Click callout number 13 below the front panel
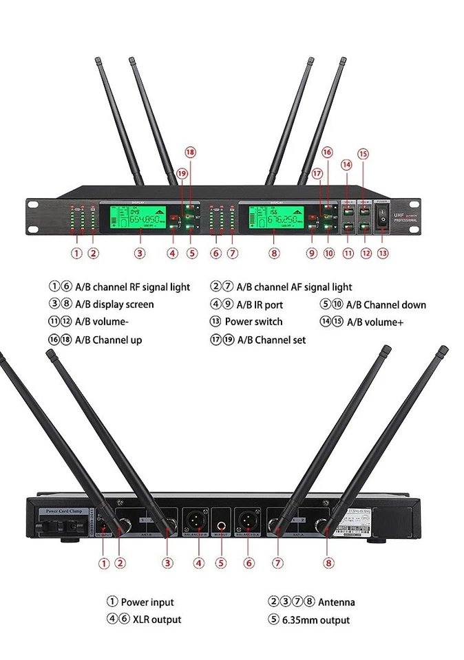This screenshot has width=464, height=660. [x=383, y=253]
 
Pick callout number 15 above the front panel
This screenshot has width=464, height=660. [x=363, y=154]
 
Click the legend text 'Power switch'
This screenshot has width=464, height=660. [x=253, y=322]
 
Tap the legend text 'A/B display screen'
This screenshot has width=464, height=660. [x=114, y=305]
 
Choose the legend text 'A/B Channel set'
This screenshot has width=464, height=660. [x=271, y=340]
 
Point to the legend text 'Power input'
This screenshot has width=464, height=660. [x=147, y=602]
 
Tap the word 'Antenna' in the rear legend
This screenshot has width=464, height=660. [x=337, y=602]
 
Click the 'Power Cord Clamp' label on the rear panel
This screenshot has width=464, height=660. [x=63, y=511]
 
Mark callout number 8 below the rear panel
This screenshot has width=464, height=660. [x=329, y=562]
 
